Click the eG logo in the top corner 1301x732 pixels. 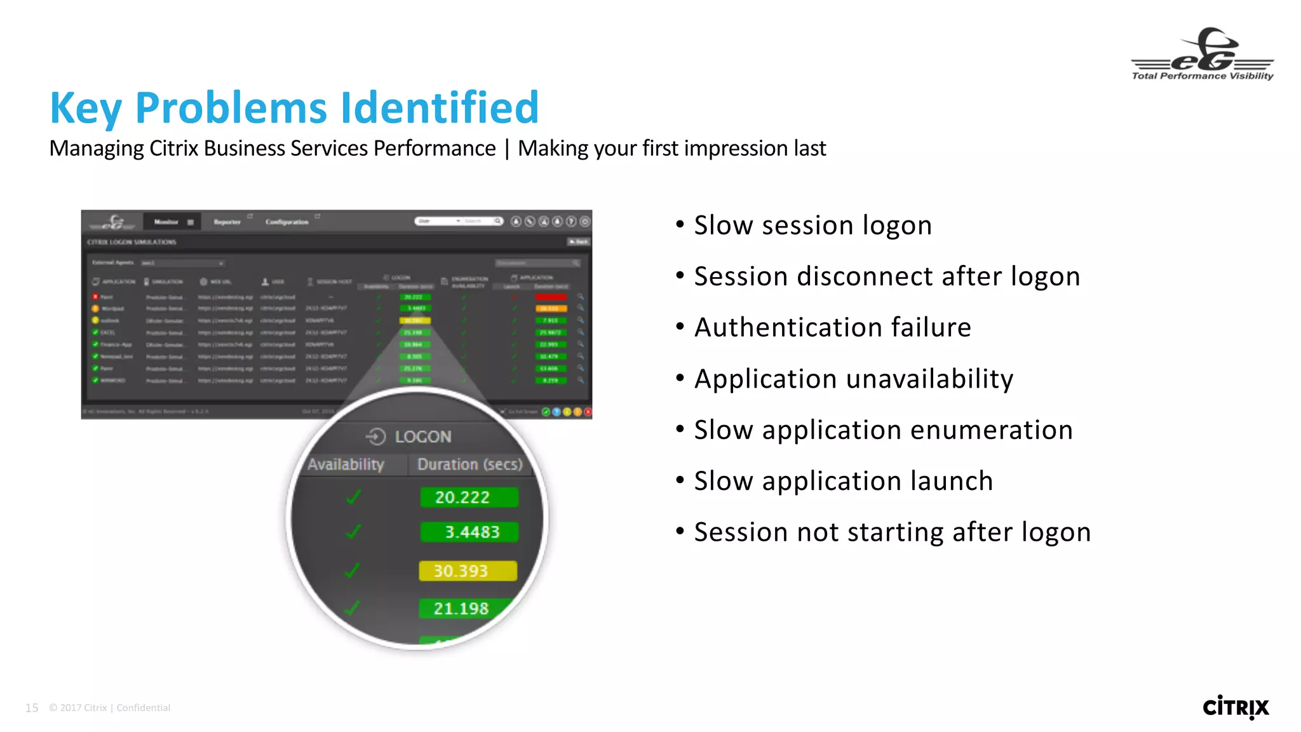(x=1203, y=55)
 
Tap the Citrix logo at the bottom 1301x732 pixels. (x=1236, y=707)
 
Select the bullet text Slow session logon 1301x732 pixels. (x=812, y=226)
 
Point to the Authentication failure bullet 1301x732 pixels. (x=832, y=328)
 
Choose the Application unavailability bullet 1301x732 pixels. (x=853, y=379)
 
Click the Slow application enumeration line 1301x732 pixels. (x=883, y=430)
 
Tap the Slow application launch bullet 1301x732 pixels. (x=843, y=481)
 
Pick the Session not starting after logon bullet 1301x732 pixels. (x=892, y=532)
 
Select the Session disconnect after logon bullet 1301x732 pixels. (x=887, y=277)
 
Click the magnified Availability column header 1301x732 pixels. (x=346, y=464)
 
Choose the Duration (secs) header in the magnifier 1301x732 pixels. (x=469, y=464)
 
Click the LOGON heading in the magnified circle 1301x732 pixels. (x=422, y=437)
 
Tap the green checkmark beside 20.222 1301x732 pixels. (x=353, y=497)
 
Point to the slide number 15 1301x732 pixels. (x=32, y=708)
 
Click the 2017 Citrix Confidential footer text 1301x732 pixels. (x=109, y=708)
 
